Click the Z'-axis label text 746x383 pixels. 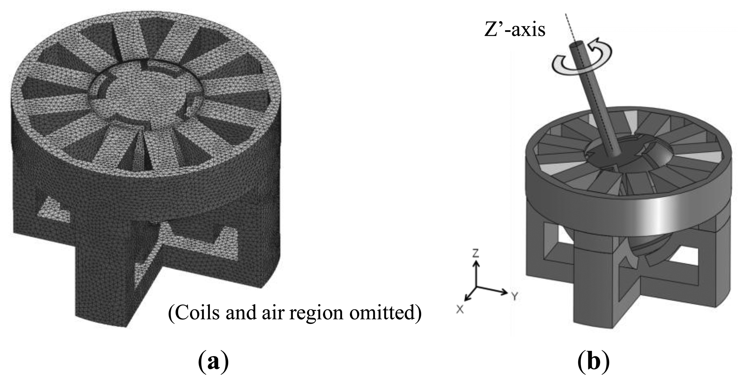tap(515, 30)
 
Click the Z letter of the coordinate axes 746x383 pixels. tap(476, 253)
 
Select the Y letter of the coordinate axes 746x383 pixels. tap(515, 296)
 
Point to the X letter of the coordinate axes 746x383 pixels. tap(460, 309)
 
